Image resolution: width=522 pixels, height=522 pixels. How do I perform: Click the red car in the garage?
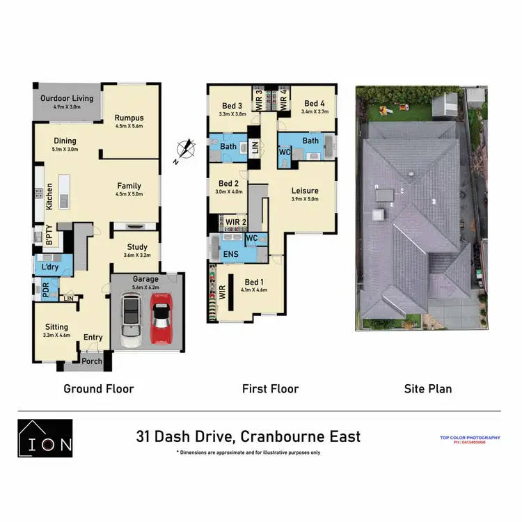[x=161, y=320]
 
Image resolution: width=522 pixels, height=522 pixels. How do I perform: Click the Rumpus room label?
[x=129, y=118]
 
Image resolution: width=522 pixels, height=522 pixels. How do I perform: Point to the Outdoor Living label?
[x=66, y=98]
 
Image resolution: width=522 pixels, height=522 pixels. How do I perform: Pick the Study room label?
[x=136, y=247]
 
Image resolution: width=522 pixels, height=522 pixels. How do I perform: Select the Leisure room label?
[x=304, y=191]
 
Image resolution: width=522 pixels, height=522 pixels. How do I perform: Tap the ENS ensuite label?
[x=231, y=255]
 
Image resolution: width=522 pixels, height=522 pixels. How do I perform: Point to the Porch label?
[x=92, y=361]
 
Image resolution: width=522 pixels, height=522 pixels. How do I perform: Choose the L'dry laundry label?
[x=49, y=267]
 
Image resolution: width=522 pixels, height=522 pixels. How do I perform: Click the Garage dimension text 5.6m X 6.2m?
[x=146, y=287]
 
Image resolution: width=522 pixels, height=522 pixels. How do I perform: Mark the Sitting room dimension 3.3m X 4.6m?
[x=57, y=335]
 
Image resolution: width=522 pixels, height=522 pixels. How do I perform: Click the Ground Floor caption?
[x=99, y=389]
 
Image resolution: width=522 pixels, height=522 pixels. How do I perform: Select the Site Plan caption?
[x=427, y=389]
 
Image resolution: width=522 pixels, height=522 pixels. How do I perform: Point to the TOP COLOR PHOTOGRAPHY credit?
[x=470, y=438]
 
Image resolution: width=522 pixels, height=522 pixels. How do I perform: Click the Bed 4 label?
[x=315, y=103]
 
